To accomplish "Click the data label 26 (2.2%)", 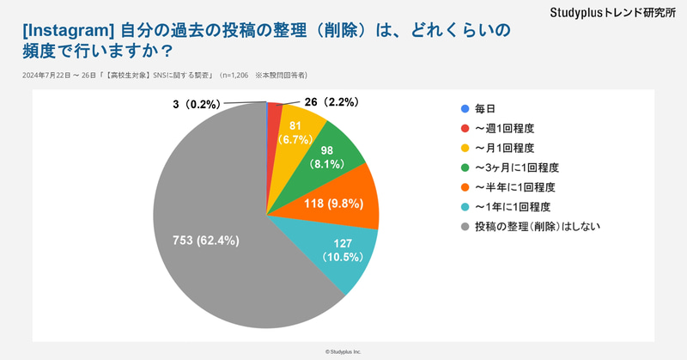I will tap(331, 102).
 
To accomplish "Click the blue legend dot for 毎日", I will tap(465, 109).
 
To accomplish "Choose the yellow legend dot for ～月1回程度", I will tap(465, 149).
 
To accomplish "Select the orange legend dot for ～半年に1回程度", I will tap(465, 188).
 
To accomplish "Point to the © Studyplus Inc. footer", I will tap(343, 351).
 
